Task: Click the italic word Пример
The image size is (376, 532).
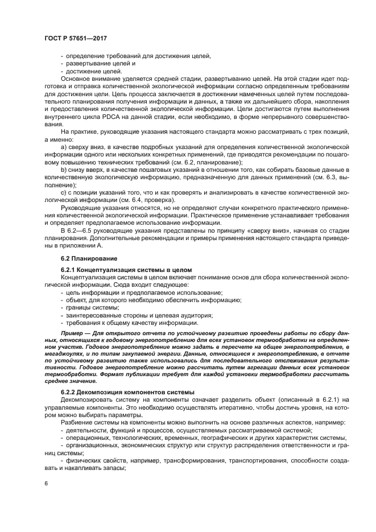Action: pos(73,332)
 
